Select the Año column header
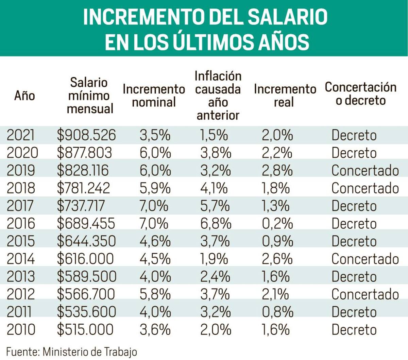(x=24, y=96)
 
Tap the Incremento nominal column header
(x=154, y=96)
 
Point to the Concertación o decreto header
(x=360, y=93)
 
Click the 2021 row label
(x=21, y=135)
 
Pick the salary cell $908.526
(x=86, y=135)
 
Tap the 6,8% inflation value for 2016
(x=216, y=224)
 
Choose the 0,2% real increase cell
(x=277, y=224)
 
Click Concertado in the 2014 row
(x=365, y=259)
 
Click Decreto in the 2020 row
(x=354, y=153)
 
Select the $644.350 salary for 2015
(x=86, y=241)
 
